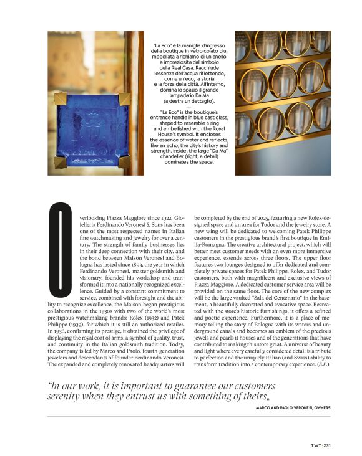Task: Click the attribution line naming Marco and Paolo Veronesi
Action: [293, 407]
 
